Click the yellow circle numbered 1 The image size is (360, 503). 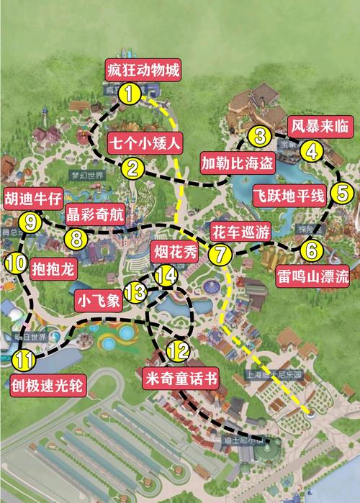point(130,93)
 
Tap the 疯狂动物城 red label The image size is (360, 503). point(142,71)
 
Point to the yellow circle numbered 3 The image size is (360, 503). point(261,135)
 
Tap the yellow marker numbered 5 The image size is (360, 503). point(342,192)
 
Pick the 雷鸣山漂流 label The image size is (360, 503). point(310,277)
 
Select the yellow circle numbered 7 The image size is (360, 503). point(221,253)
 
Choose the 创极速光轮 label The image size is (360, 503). point(47,385)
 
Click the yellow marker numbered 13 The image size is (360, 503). point(135,291)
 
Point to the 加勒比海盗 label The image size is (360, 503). point(237,163)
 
